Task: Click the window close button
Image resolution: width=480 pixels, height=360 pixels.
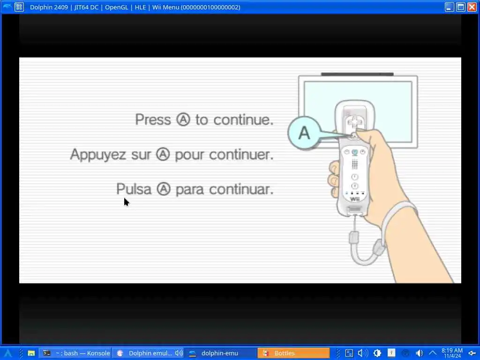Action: pos(472,7)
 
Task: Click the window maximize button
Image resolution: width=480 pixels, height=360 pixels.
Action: pos(460,7)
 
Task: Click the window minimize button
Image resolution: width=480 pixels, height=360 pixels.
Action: pos(449,7)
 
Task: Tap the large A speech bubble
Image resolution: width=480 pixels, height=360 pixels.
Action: pos(304,133)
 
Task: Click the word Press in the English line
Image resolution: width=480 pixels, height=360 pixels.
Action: pos(153,120)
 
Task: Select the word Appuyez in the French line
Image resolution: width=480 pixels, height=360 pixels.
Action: pos(98,155)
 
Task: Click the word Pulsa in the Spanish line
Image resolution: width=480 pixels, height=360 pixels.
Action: pos(134,189)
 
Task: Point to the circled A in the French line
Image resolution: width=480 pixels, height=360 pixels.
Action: pos(163,154)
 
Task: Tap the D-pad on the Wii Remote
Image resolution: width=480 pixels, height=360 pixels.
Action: pos(354,123)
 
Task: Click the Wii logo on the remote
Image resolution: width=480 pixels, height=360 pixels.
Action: pos(354,199)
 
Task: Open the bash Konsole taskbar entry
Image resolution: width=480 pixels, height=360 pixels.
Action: pos(76,353)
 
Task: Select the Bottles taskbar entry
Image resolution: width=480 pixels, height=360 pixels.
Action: pos(293,353)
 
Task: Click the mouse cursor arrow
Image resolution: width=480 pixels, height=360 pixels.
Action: pos(127,202)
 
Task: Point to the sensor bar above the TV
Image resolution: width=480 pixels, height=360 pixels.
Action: pos(357,74)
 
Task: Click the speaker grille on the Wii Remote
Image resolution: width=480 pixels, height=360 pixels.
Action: pos(354,165)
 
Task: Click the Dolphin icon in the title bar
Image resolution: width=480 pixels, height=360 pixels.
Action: pos(7,7)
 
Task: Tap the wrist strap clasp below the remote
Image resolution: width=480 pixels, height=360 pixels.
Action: pos(353,238)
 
